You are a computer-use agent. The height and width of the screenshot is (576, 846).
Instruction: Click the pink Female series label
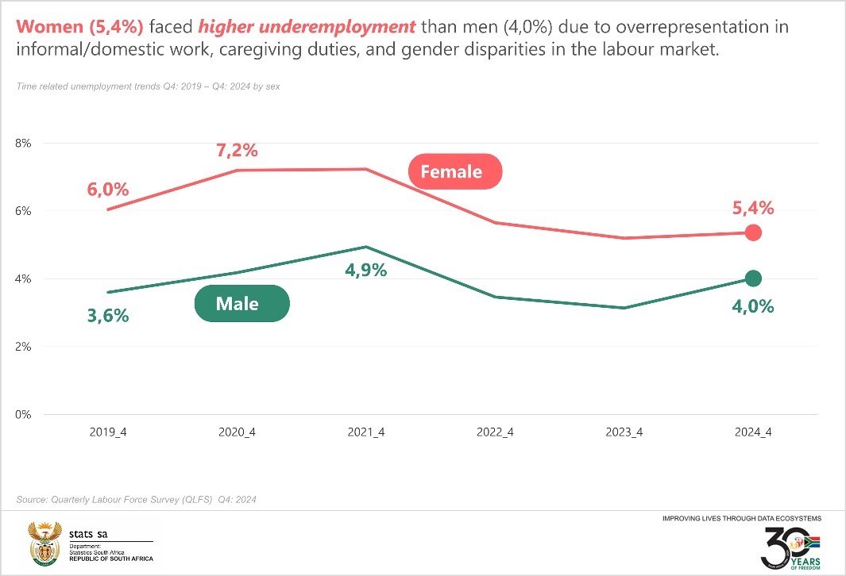coord(455,171)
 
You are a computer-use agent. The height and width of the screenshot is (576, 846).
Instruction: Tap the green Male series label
coord(241,303)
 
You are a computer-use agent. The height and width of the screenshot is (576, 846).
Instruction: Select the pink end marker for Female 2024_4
coord(753,232)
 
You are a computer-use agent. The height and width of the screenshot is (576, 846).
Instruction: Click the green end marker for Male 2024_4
coord(753,278)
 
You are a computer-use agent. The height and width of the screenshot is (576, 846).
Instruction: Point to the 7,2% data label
coord(237,150)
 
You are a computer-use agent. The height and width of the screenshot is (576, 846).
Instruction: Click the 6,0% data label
coord(108,190)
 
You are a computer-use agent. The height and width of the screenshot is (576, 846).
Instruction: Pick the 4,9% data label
coord(365,270)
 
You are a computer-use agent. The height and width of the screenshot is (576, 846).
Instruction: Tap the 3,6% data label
coord(108,316)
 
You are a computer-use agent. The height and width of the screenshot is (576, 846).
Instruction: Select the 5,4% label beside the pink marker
coord(753,208)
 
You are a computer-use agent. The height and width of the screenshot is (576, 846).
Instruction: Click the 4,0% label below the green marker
coord(753,306)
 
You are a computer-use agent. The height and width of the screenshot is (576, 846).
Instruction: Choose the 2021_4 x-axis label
coord(366,432)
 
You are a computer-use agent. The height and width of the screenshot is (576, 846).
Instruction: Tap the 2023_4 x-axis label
coord(624,432)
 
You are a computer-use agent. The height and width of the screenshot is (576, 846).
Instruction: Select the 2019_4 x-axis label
coord(108,432)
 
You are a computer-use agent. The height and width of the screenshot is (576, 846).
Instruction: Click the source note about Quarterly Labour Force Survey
coord(136,500)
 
